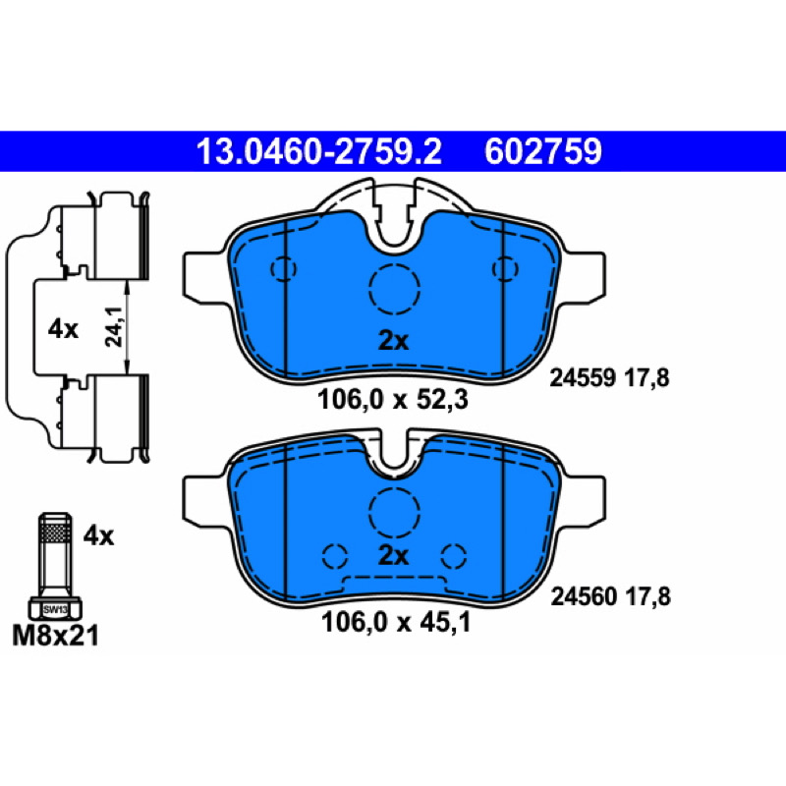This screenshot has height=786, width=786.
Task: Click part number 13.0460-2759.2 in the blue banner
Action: coord(318,151)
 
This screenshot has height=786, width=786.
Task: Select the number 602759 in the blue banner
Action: coord(543,151)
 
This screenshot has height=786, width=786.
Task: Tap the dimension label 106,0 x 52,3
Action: coord(392,400)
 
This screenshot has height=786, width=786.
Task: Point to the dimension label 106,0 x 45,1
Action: coord(396,623)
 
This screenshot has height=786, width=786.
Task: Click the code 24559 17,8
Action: coord(609,377)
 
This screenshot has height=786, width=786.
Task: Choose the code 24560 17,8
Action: coord(610,596)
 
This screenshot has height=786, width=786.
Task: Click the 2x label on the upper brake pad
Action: coord(393,341)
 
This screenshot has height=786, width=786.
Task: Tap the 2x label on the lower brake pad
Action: coord(393,555)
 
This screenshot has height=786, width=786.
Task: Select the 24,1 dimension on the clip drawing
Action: coord(114,327)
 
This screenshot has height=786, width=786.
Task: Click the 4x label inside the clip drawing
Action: coord(63,329)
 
